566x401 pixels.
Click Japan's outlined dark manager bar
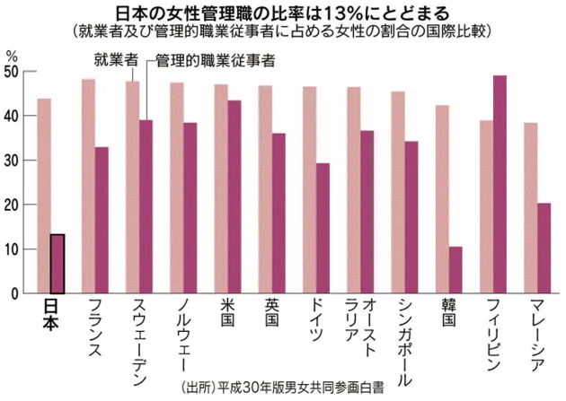click(x=57, y=264)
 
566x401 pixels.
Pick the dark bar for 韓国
click(x=456, y=270)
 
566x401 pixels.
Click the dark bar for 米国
click(x=234, y=196)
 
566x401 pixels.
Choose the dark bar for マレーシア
click(x=544, y=248)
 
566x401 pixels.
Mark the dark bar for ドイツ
click(x=323, y=228)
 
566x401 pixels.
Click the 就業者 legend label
click(x=116, y=60)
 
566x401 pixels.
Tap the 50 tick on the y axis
click(x=13, y=73)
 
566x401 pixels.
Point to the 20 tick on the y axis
click(x=13, y=205)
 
